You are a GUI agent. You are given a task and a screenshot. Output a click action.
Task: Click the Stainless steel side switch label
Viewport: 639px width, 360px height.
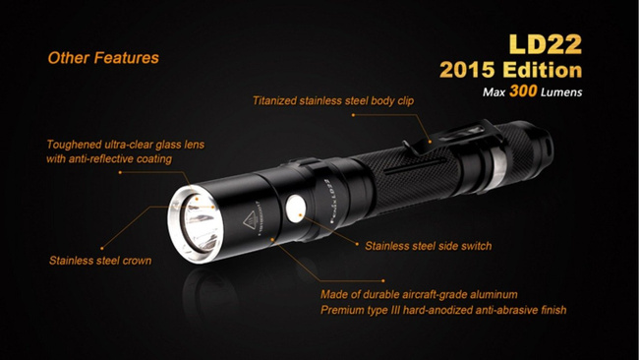click(429, 246)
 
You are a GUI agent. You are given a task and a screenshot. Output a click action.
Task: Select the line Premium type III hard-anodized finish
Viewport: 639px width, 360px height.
click(443, 311)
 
